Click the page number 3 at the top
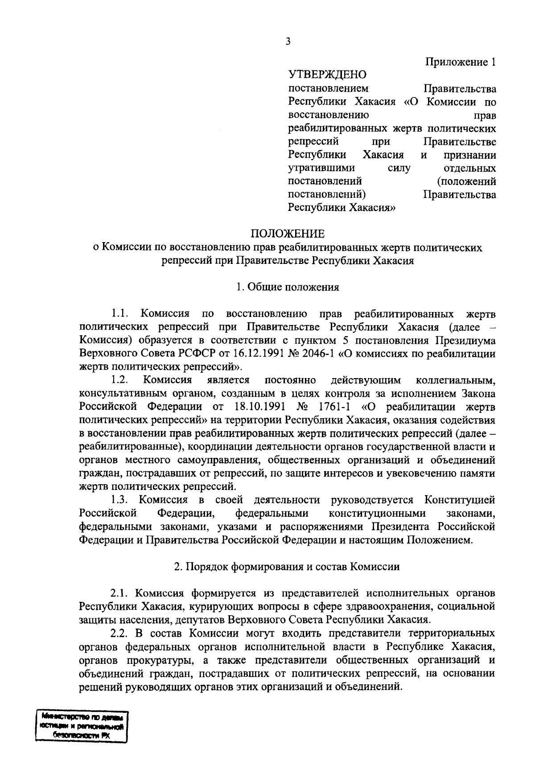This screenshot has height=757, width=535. click(288, 42)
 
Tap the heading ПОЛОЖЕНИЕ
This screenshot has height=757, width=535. click(287, 234)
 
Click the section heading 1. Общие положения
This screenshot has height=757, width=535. click(288, 287)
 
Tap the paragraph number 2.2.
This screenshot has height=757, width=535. click(119, 633)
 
